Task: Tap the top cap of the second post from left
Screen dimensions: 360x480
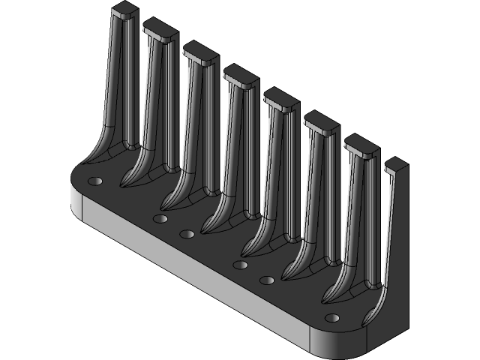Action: (x=160, y=29)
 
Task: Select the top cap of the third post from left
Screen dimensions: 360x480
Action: (x=200, y=51)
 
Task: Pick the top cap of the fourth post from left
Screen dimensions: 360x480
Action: (x=241, y=73)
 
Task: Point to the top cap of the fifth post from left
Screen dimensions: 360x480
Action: (x=281, y=97)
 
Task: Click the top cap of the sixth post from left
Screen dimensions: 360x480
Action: (x=322, y=120)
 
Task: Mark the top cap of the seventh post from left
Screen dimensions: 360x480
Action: (x=362, y=143)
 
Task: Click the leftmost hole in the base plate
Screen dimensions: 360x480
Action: (x=94, y=181)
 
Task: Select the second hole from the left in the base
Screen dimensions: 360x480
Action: (x=159, y=218)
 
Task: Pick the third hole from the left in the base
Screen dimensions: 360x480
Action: (x=187, y=235)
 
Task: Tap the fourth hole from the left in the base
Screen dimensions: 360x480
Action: (x=240, y=265)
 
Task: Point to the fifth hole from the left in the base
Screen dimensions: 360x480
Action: (x=266, y=280)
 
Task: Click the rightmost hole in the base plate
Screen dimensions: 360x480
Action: (x=331, y=317)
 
